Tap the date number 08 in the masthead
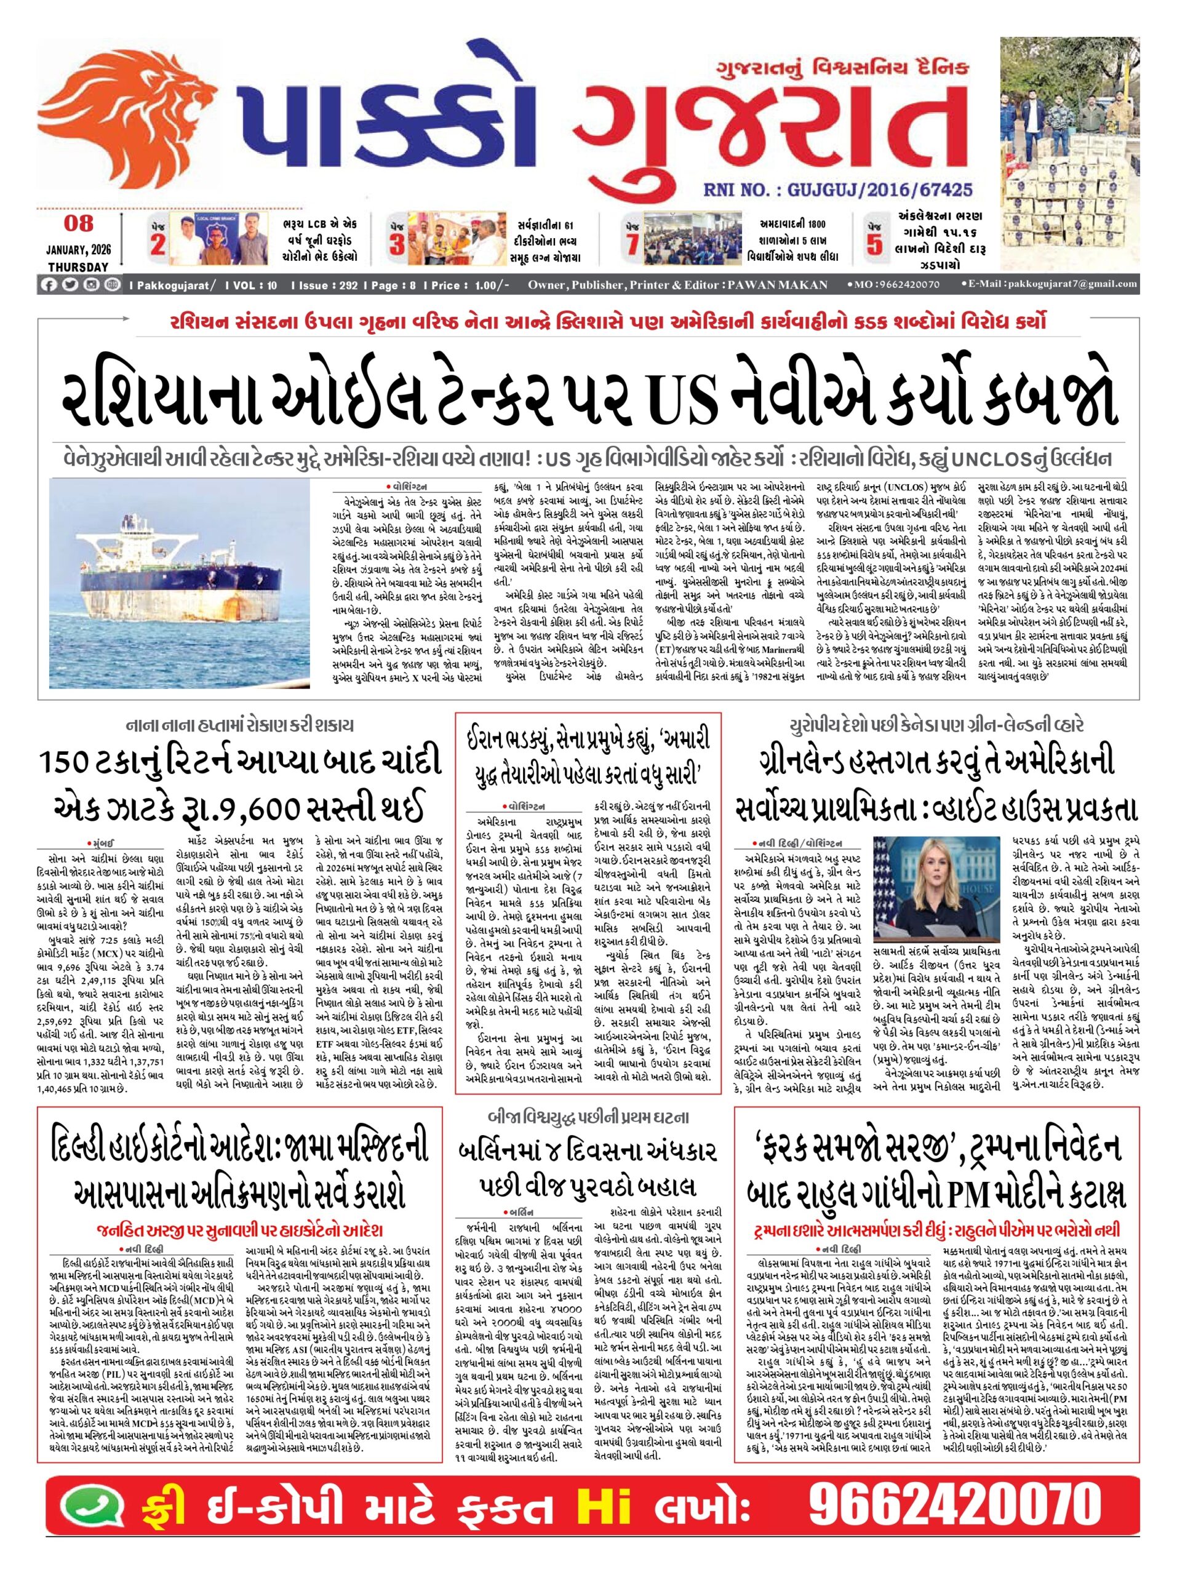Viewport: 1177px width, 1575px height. [78, 223]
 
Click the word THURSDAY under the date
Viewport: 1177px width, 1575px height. [78, 267]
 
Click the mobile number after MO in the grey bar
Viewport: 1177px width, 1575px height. [903, 285]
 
